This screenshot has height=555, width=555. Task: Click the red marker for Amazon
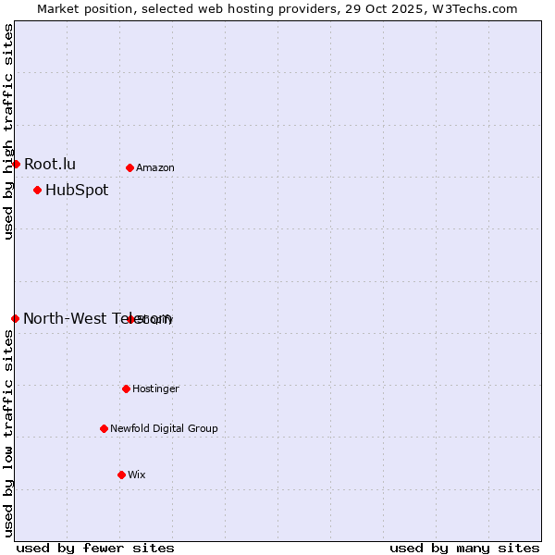point(129,167)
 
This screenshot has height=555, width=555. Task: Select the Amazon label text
point(154,168)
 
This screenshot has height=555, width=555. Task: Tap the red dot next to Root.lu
point(16,164)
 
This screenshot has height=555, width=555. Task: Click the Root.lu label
point(50,164)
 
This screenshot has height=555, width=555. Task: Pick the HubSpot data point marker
point(37,190)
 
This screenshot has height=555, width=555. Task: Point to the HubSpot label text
point(77,191)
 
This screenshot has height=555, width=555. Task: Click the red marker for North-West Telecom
point(15,318)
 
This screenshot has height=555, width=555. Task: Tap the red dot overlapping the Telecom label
point(131,319)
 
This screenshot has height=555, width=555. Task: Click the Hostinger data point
point(126,388)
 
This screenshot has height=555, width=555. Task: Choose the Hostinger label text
point(155,389)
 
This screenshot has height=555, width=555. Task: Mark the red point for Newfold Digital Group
point(104,428)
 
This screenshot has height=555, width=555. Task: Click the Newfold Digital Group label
point(164,429)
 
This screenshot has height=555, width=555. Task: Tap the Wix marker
point(121,475)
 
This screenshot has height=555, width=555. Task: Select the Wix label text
point(137,475)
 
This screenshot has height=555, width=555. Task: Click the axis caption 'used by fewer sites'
point(95,548)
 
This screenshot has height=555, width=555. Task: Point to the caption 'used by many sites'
point(464,548)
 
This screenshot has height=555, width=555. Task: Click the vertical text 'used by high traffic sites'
point(8,131)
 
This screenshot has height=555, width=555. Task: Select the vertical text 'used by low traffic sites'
point(8,432)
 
